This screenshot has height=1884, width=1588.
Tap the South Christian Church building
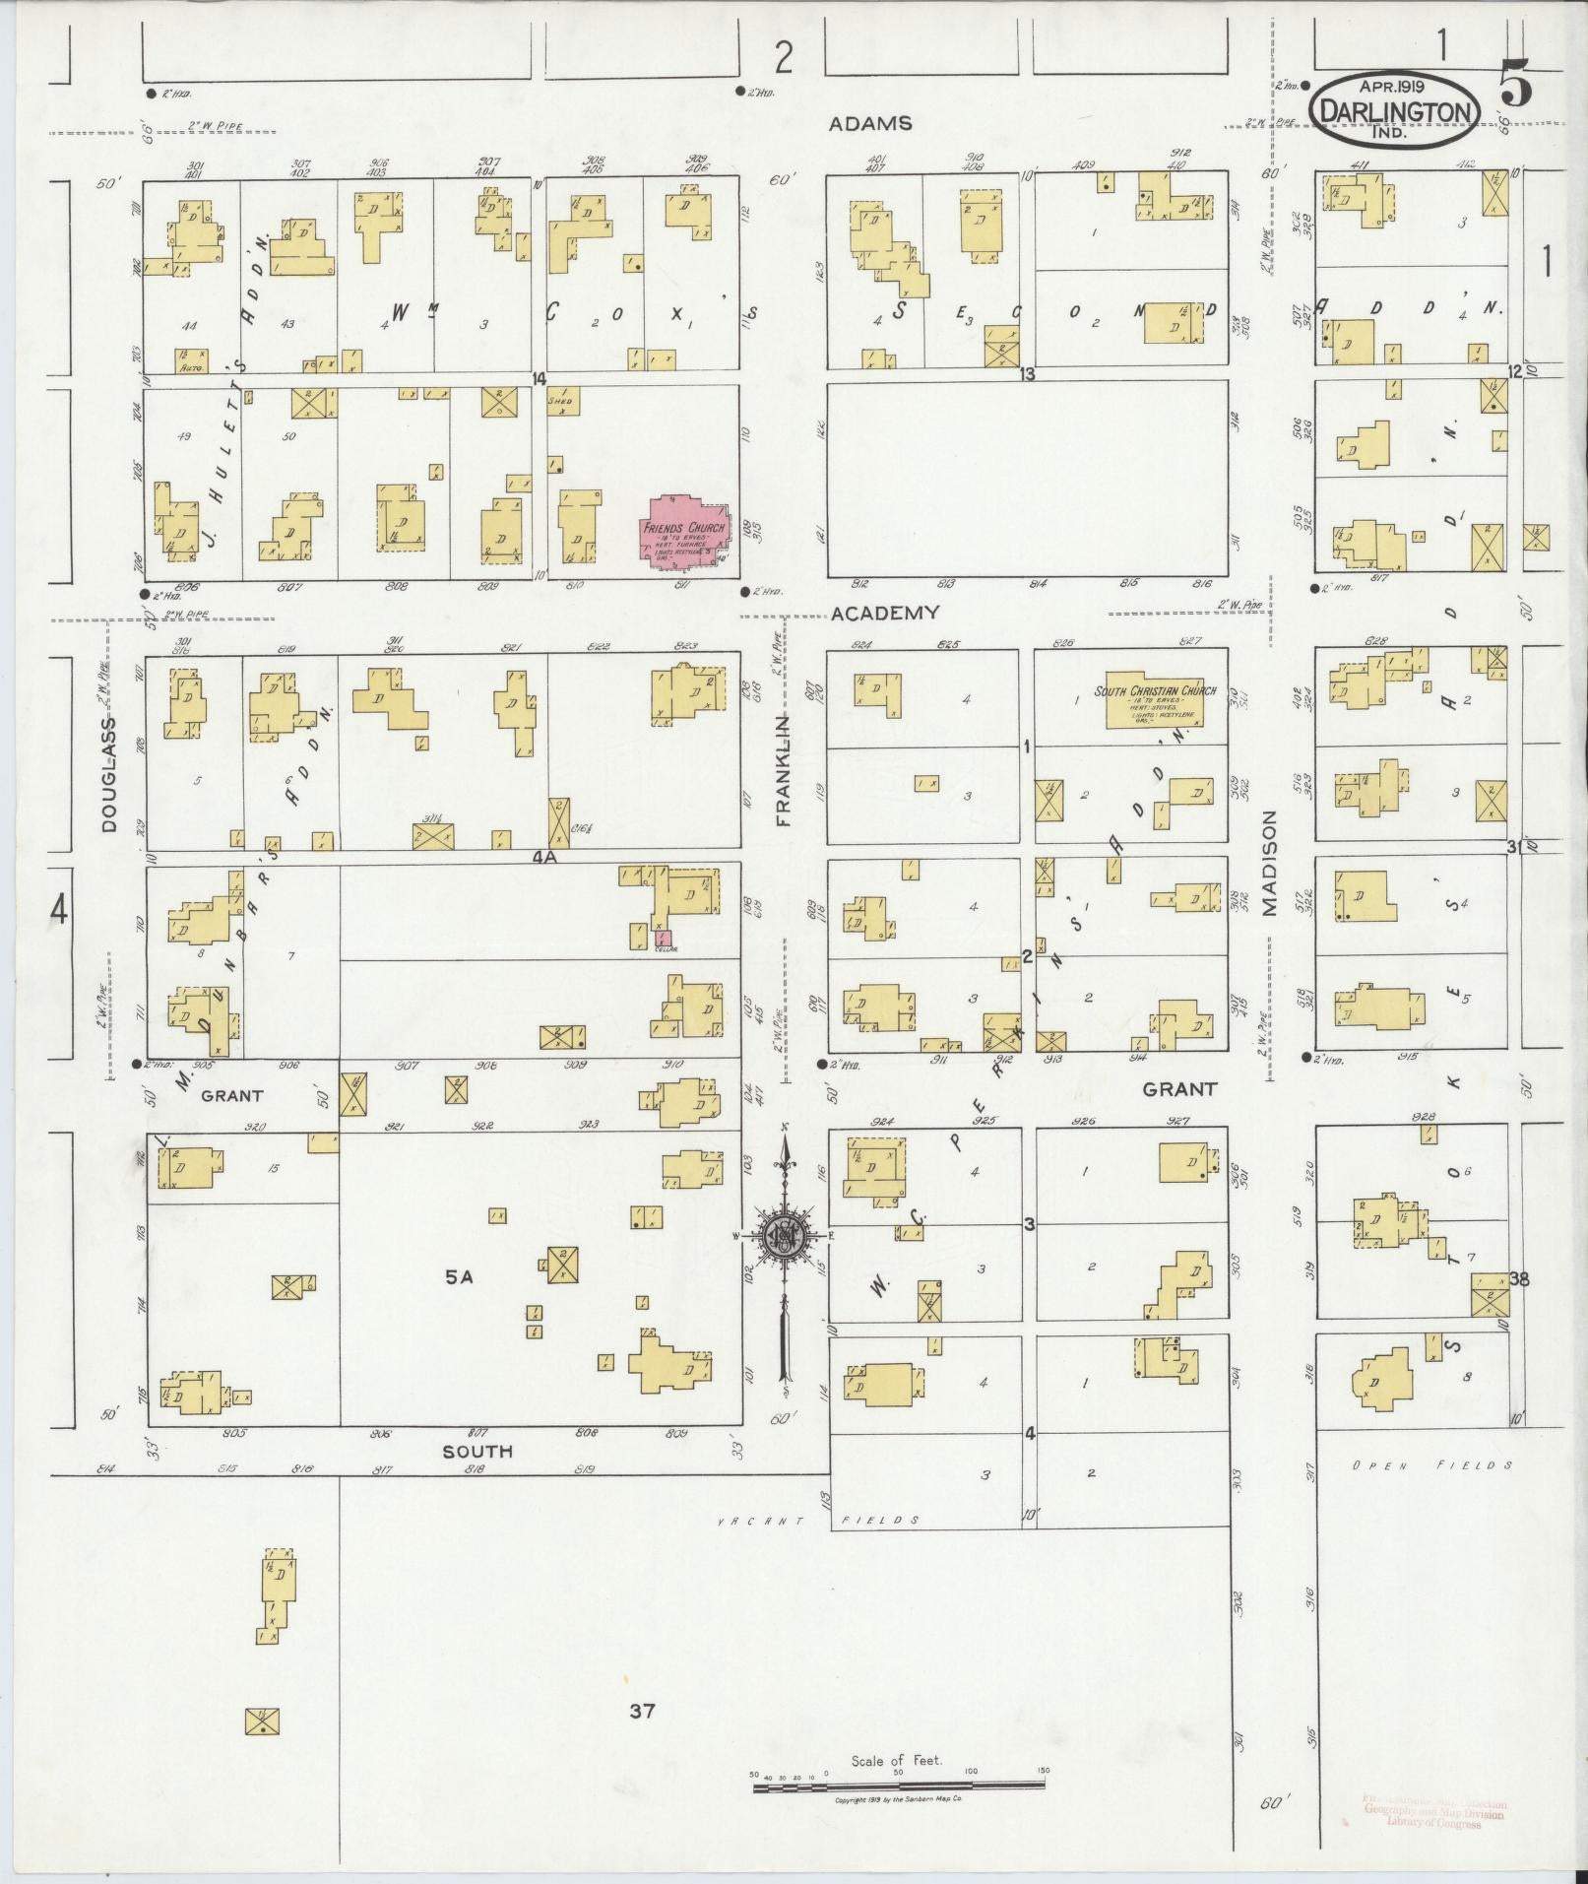[x=1154, y=700]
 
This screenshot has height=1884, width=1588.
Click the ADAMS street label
[x=869, y=124]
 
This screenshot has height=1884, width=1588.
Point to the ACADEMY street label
[x=884, y=613]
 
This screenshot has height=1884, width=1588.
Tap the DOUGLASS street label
[x=108, y=774]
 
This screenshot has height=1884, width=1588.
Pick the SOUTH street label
[x=476, y=1451]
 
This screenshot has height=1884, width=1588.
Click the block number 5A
[x=459, y=1277]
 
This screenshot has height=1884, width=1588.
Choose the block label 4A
[x=544, y=857]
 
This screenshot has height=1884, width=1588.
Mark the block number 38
[x=1518, y=1279]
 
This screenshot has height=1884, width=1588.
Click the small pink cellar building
[x=663, y=939]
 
